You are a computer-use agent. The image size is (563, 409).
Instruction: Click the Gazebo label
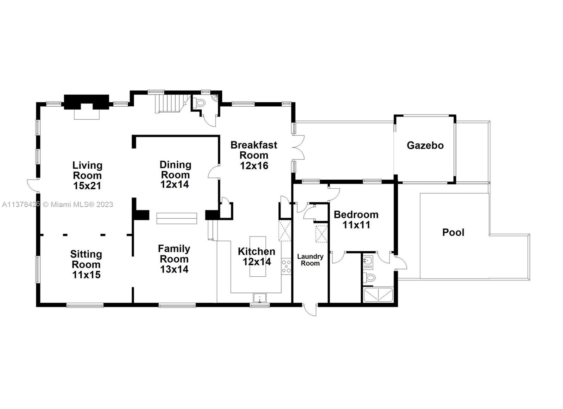coord(425,145)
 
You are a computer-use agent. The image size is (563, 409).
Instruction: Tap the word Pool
coord(453,232)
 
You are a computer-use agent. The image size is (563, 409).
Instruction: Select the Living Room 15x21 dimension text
coord(87,186)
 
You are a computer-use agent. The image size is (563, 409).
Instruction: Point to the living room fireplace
coord(86,106)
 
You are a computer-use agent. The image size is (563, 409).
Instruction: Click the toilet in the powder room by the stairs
coord(200,103)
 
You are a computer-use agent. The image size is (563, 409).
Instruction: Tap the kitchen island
coord(258,256)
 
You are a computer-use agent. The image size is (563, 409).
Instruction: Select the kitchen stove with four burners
coord(286,266)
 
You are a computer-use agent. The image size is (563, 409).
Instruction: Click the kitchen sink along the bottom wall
coord(260,298)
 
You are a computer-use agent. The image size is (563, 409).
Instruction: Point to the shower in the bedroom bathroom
coord(378,295)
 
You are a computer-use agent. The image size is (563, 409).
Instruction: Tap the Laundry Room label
coord(310,260)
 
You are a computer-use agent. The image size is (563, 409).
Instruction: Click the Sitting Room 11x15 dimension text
coord(86,275)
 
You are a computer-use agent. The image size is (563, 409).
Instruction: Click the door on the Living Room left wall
coord(33,184)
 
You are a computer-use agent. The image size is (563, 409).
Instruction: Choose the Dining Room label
coord(175,169)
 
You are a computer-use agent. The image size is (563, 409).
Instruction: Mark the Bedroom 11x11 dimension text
coord(356,225)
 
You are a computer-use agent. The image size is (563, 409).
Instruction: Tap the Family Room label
coord(174,254)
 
